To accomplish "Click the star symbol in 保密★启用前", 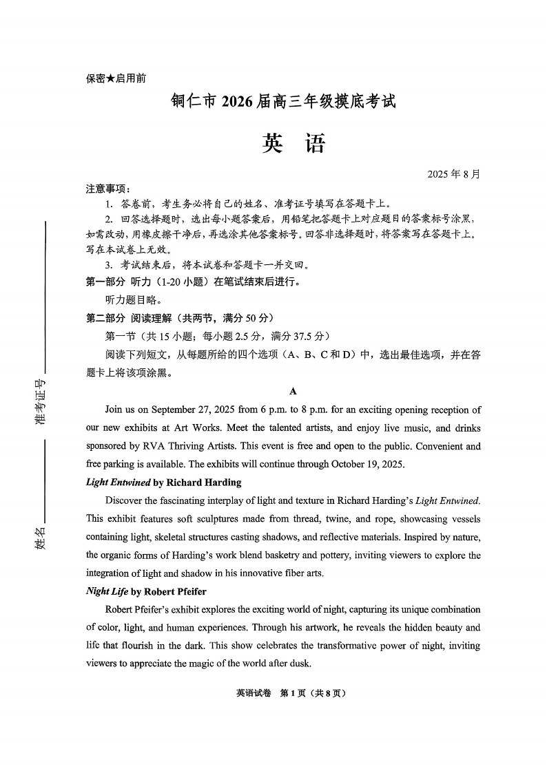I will click(110, 79).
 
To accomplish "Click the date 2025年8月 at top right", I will click(455, 173).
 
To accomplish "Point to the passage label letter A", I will click(293, 391).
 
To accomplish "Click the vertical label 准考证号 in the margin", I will click(41, 403).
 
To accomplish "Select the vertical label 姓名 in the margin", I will click(41, 536).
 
